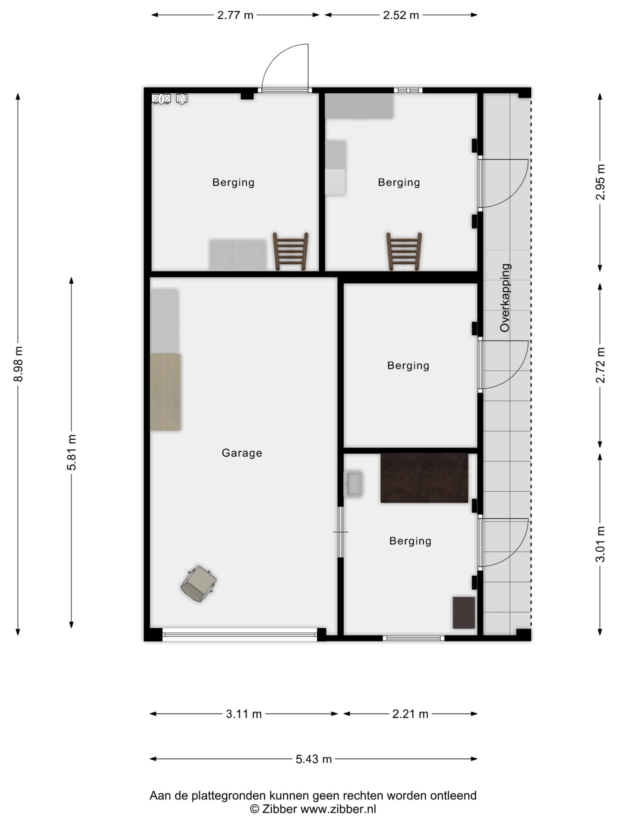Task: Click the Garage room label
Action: point(242,453)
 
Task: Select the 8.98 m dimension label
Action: point(18,364)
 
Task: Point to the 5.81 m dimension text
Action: point(71,452)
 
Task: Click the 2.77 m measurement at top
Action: point(235,15)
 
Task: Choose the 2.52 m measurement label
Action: point(401,15)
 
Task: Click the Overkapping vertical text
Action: point(505,298)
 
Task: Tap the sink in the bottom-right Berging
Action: point(353,484)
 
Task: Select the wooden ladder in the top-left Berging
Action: point(291,251)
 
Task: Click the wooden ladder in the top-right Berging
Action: point(404,251)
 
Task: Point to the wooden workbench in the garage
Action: point(166,392)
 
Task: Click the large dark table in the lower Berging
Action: point(424,478)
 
